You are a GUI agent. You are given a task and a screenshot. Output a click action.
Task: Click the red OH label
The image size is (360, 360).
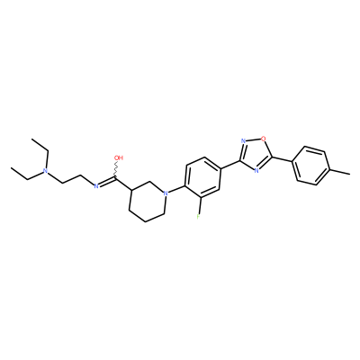(x=119, y=157)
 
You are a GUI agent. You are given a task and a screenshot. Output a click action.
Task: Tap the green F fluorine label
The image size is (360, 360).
(x=198, y=216)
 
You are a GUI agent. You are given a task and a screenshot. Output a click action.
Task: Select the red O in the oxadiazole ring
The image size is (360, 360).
(x=263, y=139)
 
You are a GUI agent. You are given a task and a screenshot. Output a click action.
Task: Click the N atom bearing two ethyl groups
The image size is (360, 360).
(x=45, y=171)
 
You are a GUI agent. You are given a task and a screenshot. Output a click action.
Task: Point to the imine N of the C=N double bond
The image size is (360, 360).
(x=96, y=186)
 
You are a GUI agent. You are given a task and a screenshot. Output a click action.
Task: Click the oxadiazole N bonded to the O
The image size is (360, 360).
(x=243, y=141)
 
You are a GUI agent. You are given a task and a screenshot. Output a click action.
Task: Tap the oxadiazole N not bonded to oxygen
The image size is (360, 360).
(x=256, y=171)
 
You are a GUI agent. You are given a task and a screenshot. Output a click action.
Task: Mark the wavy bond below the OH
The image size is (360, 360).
(x=115, y=170)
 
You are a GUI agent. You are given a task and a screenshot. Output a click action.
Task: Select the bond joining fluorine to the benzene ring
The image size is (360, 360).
(x=200, y=205)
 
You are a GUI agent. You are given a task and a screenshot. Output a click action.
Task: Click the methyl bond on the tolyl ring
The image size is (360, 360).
(x=339, y=172)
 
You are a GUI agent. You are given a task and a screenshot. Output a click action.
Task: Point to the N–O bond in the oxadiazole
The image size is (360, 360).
(x=253, y=139)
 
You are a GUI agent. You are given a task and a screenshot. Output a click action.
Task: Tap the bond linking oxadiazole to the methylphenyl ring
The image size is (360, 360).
(x=282, y=159)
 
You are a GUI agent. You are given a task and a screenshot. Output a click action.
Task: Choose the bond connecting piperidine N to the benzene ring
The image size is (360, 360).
(x=175, y=189)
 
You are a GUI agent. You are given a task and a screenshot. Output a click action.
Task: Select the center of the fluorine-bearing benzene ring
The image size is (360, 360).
(x=202, y=177)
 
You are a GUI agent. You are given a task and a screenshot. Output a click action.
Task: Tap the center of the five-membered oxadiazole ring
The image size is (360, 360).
(x=255, y=155)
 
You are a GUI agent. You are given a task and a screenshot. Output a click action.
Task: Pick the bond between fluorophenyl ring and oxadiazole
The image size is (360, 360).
(x=230, y=165)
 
